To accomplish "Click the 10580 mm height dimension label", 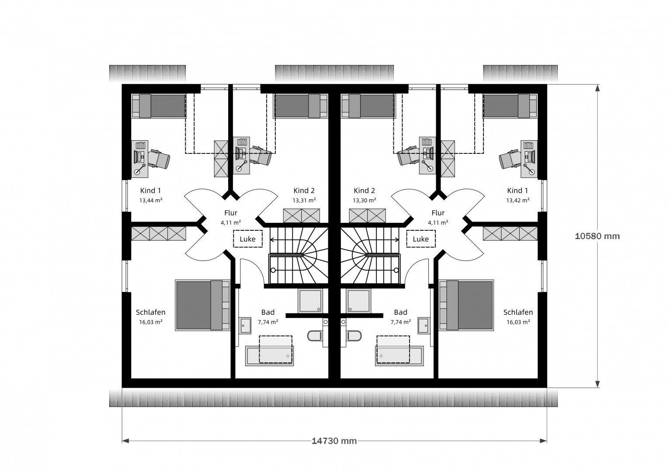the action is [x=597, y=236].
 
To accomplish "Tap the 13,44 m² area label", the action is [x=151, y=200].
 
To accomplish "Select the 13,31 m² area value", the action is [x=304, y=200].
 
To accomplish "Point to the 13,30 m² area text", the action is [x=365, y=200].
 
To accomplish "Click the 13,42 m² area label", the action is [x=518, y=200].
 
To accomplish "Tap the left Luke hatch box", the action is [x=248, y=239].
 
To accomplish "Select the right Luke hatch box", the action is [x=421, y=239].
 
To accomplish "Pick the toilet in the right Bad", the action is [x=354, y=336].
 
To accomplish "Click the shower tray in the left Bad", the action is [x=310, y=301].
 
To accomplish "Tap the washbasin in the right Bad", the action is [x=424, y=326].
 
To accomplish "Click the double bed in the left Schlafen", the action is [x=202, y=305].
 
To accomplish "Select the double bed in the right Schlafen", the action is [x=466, y=305].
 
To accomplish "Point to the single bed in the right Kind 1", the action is [x=510, y=106].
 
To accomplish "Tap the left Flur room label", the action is [x=231, y=213].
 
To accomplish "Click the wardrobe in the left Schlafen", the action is [x=159, y=234].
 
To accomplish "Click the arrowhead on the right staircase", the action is [x=397, y=239].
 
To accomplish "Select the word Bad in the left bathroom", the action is [x=268, y=312].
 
